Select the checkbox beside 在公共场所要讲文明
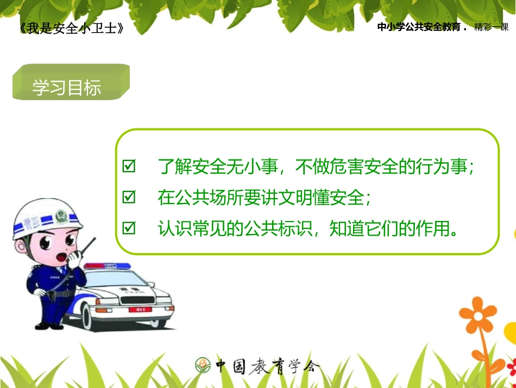(x=129, y=197)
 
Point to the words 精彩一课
(x=491, y=27)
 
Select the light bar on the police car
(x=108, y=266)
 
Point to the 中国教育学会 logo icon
(x=203, y=365)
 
